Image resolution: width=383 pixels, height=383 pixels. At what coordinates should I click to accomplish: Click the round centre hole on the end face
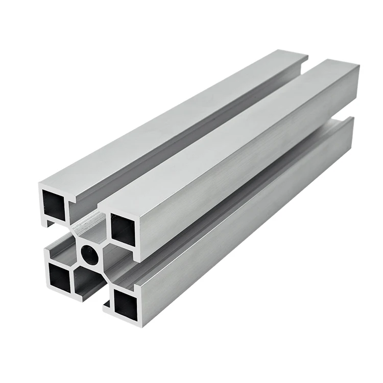pyautogui.click(x=90, y=254)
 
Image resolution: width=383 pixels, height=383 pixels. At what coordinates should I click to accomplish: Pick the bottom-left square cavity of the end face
pyautogui.click(x=60, y=277)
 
